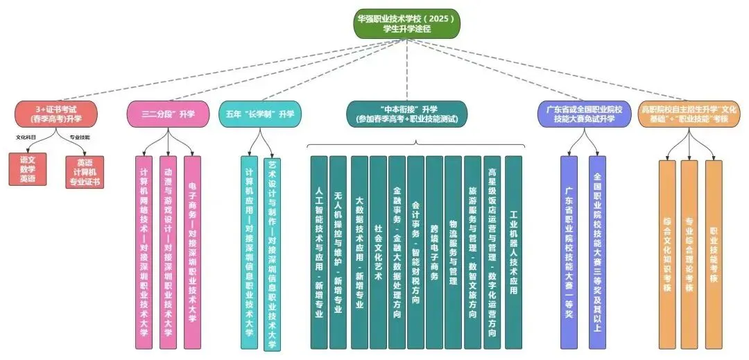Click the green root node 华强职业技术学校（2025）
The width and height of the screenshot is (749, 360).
coord(407,23)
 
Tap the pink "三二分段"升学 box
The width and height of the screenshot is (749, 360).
coord(167,114)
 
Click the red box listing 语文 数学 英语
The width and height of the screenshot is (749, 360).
coord(28,169)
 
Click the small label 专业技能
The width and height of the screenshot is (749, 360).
coord(80,137)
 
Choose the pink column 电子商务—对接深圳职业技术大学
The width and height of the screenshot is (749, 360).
coord(192,252)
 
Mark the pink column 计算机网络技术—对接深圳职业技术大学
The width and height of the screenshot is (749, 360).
coord(144,252)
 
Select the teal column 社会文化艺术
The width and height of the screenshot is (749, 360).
coord(378,252)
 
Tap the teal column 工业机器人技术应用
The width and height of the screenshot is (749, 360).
coord(513,252)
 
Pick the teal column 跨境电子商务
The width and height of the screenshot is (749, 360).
coord(435,252)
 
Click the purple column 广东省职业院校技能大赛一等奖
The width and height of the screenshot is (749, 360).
coord(569,252)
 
